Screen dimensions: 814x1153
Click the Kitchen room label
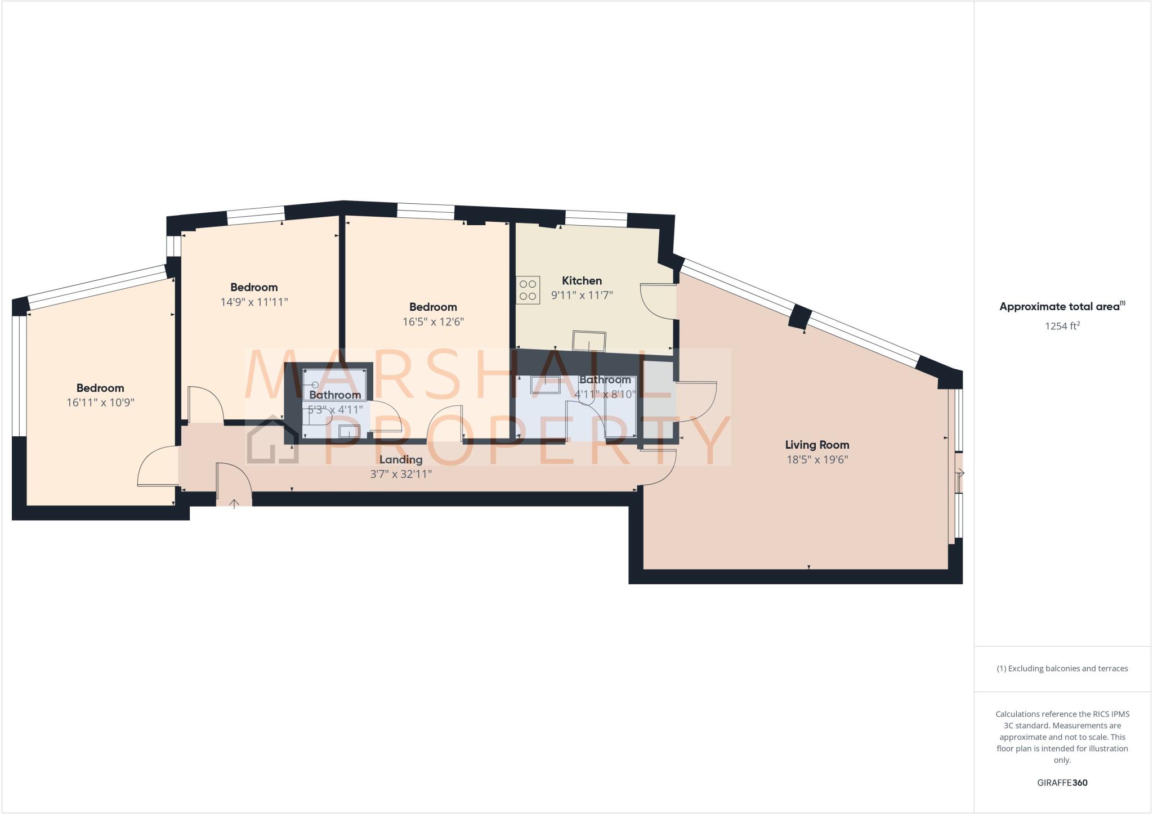(x=582, y=280)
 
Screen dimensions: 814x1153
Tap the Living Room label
(x=817, y=445)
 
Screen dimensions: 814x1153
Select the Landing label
(x=400, y=459)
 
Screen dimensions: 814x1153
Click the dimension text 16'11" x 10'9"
(x=100, y=402)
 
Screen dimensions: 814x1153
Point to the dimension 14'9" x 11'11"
(x=254, y=302)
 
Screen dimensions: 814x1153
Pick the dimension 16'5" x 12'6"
(x=433, y=322)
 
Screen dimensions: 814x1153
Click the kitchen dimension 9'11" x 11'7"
(x=582, y=295)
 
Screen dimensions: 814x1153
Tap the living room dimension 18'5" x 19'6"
(x=817, y=459)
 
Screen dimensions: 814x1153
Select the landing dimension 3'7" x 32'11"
(x=400, y=474)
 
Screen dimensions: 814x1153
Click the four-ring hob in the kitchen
(x=528, y=290)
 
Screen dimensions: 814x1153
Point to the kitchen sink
(x=589, y=341)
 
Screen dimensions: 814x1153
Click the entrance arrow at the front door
(x=234, y=503)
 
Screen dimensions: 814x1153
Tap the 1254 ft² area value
(x=1062, y=326)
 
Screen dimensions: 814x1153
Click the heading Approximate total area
(x=1059, y=307)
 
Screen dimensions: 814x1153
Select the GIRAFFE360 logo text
(x=1062, y=782)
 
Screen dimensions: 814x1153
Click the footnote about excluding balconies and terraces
(x=1062, y=669)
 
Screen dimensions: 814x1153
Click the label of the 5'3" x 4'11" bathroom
(x=335, y=395)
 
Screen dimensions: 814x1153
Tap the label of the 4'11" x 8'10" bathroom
(x=605, y=380)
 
